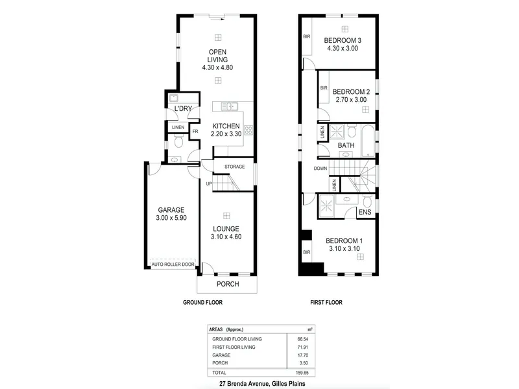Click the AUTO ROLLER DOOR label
[x=173, y=265]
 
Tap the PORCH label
[x=228, y=284]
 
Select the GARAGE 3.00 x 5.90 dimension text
[x=171, y=218]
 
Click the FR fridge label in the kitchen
[x=195, y=132]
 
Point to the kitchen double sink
[x=230, y=106]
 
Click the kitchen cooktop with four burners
[x=248, y=130]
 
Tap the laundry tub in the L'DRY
[x=173, y=99]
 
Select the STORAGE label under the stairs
[x=235, y=167]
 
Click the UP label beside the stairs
[x=209, y=183]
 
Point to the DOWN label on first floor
[x=320, y=169]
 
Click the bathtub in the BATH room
[x=368, y=141]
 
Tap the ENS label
[x=365, y=212]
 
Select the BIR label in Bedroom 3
[x=307, y=37]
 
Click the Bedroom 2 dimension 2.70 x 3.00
[x=351, y=100]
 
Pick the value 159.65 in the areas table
[x=302, y=373]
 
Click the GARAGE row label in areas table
[x=221, y=355]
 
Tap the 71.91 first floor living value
[x=303, y=347]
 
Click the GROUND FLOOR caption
[x=202, y=302]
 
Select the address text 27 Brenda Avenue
[x=245, y=384]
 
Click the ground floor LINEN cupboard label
[x=178, y=127]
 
